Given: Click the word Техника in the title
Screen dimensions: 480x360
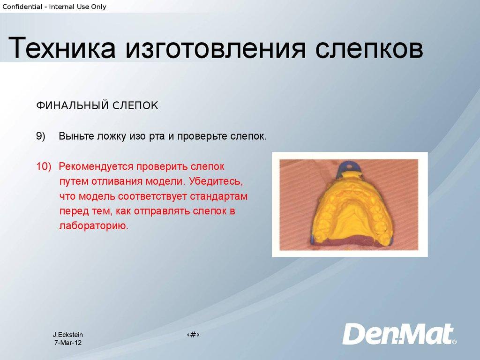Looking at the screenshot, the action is pos(62,47).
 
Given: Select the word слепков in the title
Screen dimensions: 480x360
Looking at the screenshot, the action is pos(369,48).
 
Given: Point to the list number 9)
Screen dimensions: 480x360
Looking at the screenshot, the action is pos(41,136).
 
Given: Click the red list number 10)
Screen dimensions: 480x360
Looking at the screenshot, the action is pos(44,166).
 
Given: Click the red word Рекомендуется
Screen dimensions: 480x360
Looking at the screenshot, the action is pos(96,167).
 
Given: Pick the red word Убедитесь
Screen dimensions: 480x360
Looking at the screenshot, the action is pos(216,181).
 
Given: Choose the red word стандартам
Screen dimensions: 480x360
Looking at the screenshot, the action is pos(218,196).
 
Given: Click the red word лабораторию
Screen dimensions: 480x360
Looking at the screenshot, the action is pos(94,226).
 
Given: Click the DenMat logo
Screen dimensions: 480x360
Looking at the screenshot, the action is pos(399,334).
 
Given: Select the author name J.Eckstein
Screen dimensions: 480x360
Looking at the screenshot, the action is pos(68,335).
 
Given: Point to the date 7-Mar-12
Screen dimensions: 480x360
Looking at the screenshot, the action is pos(68,343).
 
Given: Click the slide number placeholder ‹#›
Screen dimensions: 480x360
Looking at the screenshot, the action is pos(193,335).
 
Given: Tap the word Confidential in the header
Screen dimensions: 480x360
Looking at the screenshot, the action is pos(22,7).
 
